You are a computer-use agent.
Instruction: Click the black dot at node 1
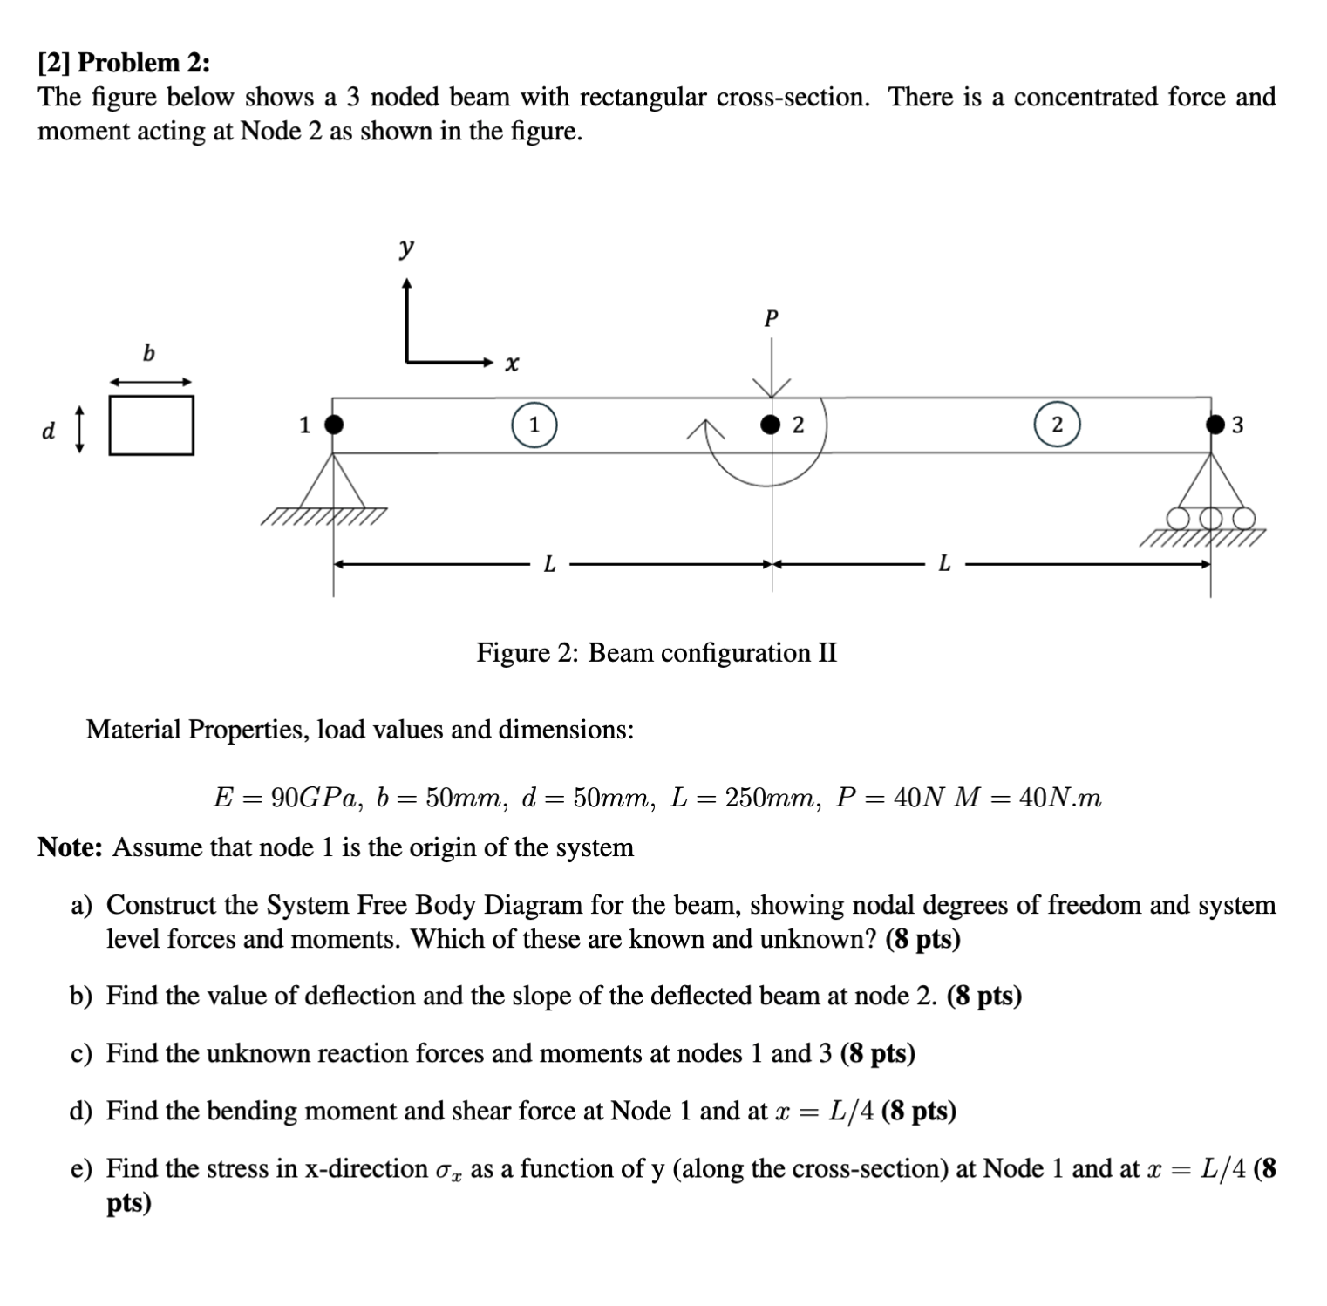(x=333, y=425)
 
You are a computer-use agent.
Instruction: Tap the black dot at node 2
(x=770, y=425)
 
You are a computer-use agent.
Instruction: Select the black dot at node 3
(x=1215, y=425)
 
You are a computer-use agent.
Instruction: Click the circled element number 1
(x=534, y=425)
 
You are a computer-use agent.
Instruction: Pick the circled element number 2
(x=1057, y=425)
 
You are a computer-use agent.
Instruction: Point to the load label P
(x=770, y=319)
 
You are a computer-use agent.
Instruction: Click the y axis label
(x=406, y=248)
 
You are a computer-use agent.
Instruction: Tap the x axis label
(x=513, y=363)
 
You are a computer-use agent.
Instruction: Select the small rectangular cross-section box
(x=152, y=425)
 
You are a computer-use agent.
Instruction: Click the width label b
(x=149, y=353)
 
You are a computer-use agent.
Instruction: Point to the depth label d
(x=49, y=431)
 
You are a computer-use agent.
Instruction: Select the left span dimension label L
(x=549, y=565)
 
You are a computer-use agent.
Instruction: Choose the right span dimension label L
(x=944, y=565)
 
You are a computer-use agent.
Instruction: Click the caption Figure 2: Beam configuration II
(x=656, y=653)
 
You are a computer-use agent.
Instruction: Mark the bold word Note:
(x=71, y=847)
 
